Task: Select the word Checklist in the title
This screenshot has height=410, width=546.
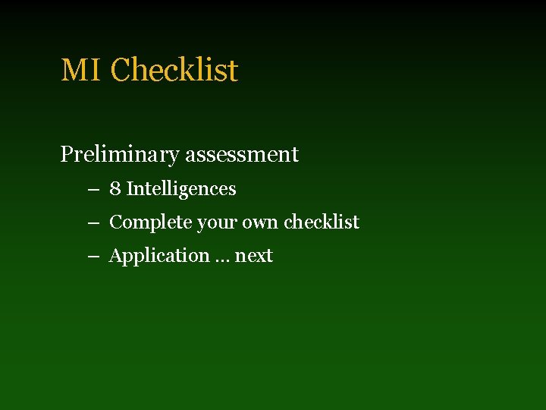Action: (x=174, y=71)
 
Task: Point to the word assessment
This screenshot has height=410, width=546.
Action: (x=242, y=155)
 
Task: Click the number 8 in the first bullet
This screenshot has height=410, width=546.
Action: (x=115, y=189)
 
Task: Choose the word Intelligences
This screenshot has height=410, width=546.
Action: (x=181, y=189)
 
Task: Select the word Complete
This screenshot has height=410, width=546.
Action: (x=150, y=222)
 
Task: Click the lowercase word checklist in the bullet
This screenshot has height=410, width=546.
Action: (x=322, y=222)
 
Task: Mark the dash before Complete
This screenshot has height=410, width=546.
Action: (x=93, y=223)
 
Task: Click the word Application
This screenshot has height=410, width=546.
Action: (x=158, y=257)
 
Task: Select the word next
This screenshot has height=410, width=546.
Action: (x=254, y=257)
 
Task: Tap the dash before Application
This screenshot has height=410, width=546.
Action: (x=93, y=257)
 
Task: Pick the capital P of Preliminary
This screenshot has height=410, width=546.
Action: (x=66, y=155)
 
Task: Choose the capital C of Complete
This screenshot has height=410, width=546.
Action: (x=116, y=222)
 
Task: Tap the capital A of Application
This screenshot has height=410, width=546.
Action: (x=116, y=256)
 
